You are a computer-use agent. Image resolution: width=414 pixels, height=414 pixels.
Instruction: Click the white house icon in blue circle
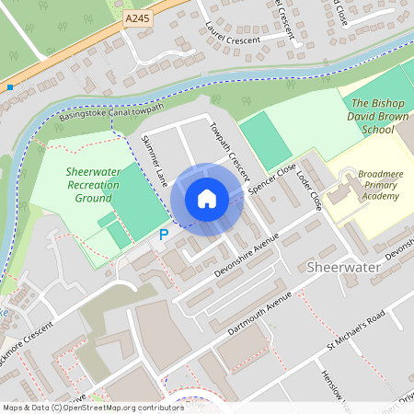(207, 198)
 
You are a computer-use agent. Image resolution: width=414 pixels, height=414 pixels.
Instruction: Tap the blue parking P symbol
(164, 235)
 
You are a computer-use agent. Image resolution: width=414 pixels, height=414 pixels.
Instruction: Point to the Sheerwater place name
(335, 266)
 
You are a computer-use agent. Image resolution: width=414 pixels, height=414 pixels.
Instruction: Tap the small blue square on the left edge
(10, 87)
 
